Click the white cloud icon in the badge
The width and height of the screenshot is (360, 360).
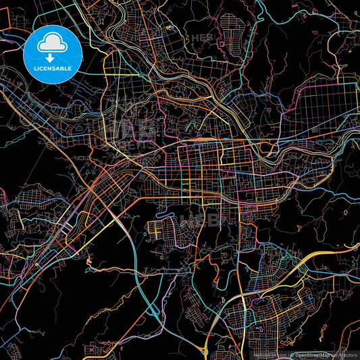53,45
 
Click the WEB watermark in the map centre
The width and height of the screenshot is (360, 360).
200,220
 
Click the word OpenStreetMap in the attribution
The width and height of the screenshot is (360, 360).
312,354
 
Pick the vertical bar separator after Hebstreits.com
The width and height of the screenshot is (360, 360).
288,354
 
